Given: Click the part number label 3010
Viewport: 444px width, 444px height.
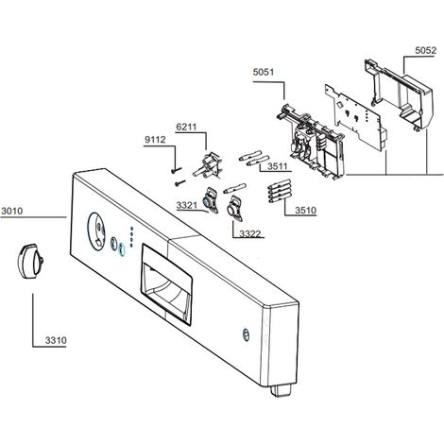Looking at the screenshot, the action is tap(12, 211).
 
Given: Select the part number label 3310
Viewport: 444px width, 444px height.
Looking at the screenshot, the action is tap(56, 340).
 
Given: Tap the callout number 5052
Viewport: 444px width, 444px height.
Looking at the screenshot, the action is tap(426, 50).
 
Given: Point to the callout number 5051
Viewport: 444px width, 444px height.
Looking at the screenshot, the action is tap(264, 72).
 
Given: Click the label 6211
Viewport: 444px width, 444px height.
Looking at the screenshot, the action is tap(186, 127).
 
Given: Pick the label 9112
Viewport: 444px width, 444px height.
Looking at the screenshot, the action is tap(155, 140).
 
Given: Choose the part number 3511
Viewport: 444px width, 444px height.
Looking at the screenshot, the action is tap(278, 166).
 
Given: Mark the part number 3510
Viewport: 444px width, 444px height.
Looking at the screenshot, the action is tap(305, 210).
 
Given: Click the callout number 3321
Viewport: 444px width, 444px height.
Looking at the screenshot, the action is tap(187, 206).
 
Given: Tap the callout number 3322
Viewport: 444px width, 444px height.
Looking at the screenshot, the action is tap(250, 233).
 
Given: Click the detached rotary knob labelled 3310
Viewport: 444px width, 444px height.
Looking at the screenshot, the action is tap(30, 261).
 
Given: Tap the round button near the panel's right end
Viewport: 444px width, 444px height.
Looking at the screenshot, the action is tap(246, 334).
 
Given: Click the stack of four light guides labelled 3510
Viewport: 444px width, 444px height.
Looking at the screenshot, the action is tap(279, 190).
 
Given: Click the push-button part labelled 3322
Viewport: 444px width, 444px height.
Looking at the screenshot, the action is tap(234, 208).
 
